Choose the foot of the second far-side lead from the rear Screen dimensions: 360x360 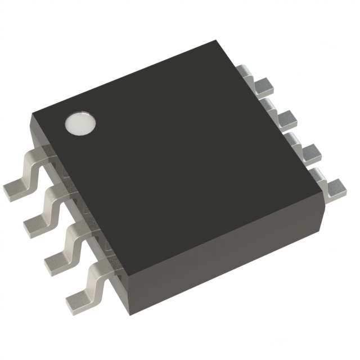(287, 118)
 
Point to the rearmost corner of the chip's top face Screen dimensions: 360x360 (217, 41)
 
